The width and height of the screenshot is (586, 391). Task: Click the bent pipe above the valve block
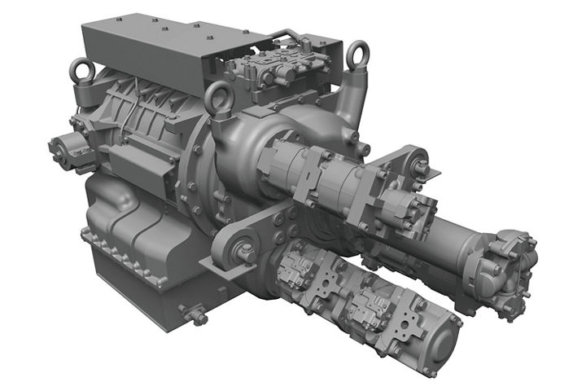[285, 37]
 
